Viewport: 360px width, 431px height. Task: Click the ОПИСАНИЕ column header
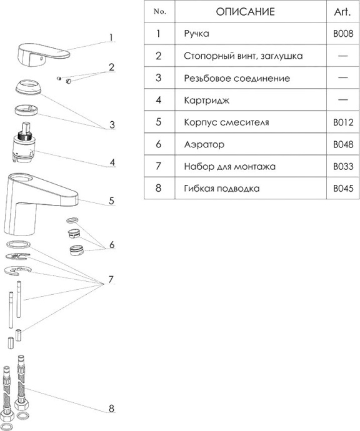click(x=245, y=12)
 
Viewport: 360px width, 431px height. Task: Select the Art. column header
click(x=343, y=12)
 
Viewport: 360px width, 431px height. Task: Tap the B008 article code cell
click(x=343, y=34)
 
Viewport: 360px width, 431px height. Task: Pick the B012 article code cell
click(x=343, y=122)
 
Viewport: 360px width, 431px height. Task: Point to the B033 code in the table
click(x=343, y=167)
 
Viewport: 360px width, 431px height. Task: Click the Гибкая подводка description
click(x=222, y=189)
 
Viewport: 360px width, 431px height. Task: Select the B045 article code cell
click(x=343, y=189)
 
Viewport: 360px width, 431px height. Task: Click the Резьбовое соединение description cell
click(x=237, y=78)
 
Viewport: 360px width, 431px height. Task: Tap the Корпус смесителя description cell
click(x=226, y=122)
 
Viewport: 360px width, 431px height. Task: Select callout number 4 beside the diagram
click(x=112, y=162)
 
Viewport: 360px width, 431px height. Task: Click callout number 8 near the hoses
click(x=111, y=409)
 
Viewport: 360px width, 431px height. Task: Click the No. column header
click(x=159, y=12)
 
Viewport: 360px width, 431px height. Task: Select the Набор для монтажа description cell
click(x=230, y=167)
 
